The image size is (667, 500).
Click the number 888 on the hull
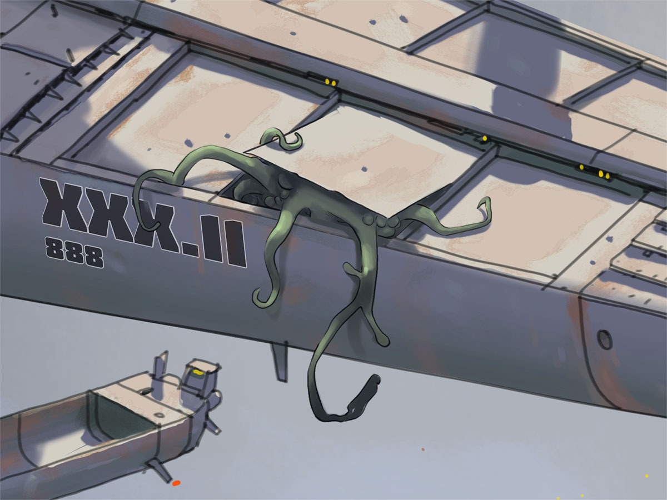point(74,252)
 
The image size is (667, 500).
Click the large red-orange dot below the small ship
point(176,482)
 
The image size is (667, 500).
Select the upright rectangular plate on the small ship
point(161,367)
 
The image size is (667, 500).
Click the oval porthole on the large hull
point(604,339)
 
